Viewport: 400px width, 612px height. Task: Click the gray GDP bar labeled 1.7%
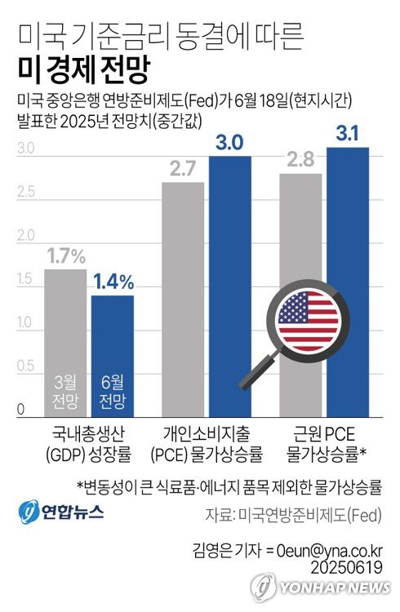64,326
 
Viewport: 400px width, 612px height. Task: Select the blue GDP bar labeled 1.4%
112,343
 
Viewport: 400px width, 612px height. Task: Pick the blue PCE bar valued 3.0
229,286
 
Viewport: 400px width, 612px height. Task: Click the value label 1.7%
65,256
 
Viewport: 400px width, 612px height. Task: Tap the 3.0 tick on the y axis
24,149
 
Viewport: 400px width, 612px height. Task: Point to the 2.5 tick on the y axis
24,193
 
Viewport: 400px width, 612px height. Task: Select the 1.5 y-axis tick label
24,281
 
